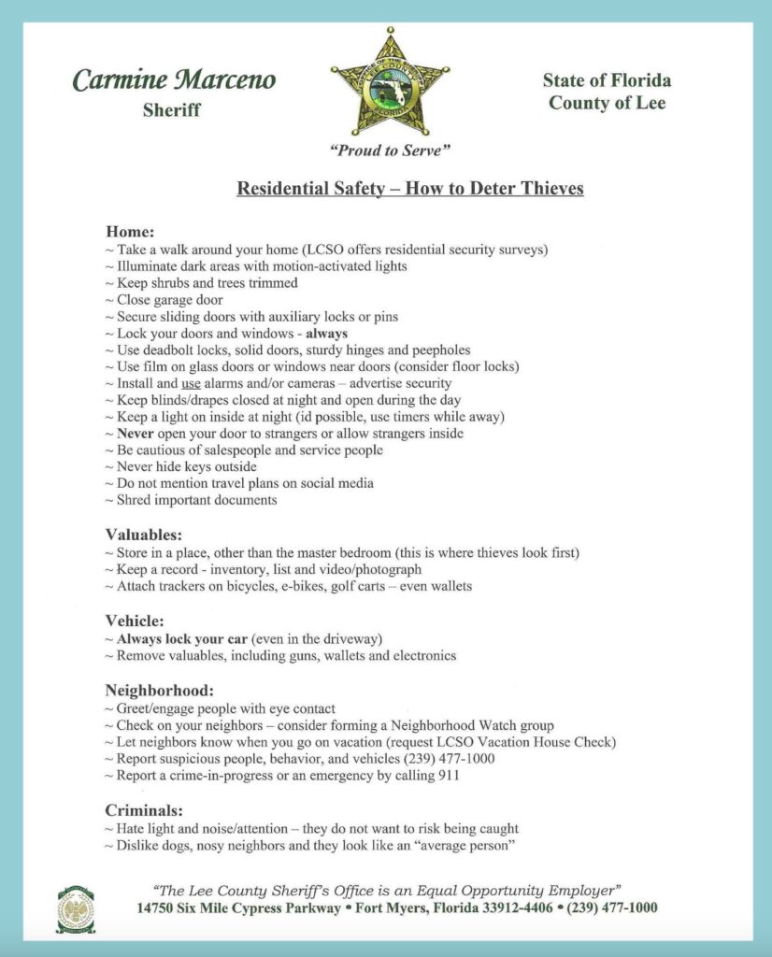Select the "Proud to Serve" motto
(390, 150)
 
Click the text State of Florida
(607, 79)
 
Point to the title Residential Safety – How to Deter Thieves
(410, 189)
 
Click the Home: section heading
(130, 231)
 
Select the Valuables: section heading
(143, 535)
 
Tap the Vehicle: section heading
(135, 621)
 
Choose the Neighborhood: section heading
(159, 691)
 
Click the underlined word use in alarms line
(191, 383)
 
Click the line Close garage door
(169, 300)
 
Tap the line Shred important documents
(196, 500)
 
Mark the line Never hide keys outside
(186, 466)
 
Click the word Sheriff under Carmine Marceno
(172, 110)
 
